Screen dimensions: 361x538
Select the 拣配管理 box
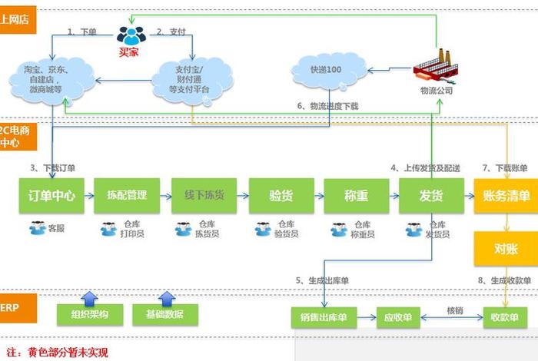126,196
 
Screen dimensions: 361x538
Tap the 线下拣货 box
203,196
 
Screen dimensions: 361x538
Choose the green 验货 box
281,196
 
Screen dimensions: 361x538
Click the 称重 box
356,196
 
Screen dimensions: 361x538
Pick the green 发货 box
431,196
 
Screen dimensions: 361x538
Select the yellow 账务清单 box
505,196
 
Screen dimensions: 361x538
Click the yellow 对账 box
505,248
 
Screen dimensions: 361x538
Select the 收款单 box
505,316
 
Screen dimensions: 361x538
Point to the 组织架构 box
88,314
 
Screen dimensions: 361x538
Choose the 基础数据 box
164,314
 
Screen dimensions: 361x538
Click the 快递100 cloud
325,71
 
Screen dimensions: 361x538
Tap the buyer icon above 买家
131,35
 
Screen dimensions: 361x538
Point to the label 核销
454,310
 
